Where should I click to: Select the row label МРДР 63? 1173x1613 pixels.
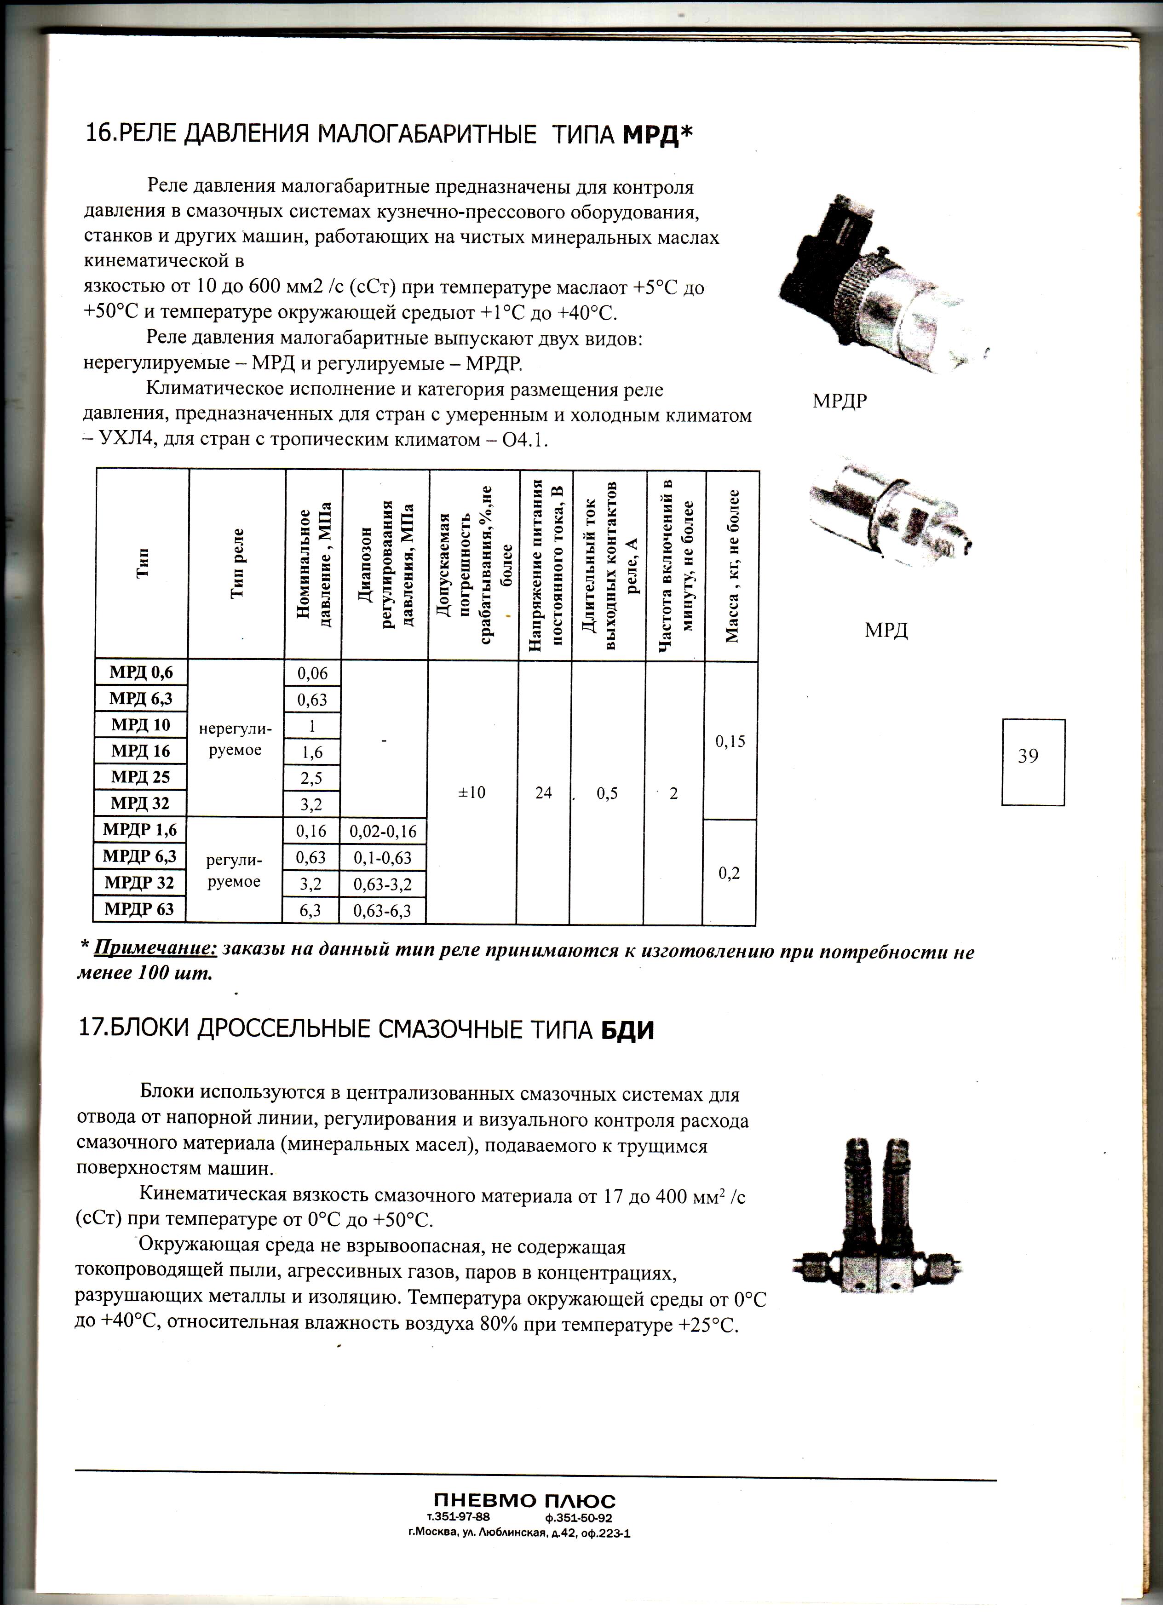tap(139, 909)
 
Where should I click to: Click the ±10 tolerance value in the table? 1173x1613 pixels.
tap(471, 792)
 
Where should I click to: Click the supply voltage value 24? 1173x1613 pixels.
tap(543, 792)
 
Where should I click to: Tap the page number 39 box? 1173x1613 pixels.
tap(1033, 762)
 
